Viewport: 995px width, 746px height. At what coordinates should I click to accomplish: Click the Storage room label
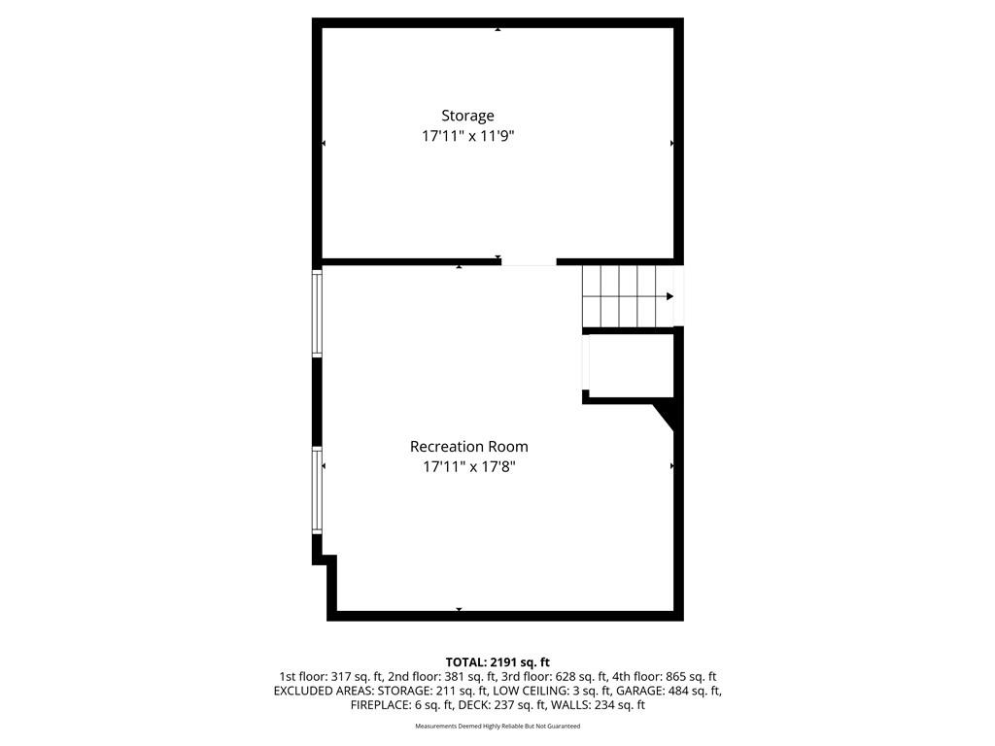(467, 117)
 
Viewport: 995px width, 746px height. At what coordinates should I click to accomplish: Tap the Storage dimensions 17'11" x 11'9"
(467, 136)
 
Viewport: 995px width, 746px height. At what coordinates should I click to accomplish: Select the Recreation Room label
(469, 447)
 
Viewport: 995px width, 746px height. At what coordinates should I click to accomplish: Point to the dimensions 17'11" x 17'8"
(469, 467)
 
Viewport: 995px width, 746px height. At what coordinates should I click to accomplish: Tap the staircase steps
(619, 296)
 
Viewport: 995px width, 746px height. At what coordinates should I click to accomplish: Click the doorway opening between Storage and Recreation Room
(529, 262)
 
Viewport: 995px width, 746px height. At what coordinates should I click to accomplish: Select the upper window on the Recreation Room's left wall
(317, 313)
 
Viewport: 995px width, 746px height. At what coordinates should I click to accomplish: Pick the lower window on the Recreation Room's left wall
(317, 490)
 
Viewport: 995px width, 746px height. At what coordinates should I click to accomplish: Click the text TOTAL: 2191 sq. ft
(497, 662)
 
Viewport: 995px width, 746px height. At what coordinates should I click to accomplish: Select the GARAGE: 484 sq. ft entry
(669, 691)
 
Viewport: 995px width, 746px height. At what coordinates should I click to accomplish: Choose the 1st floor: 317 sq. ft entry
(330, 677)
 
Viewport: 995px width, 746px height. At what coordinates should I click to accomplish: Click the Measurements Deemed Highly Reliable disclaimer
(497, 726)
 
